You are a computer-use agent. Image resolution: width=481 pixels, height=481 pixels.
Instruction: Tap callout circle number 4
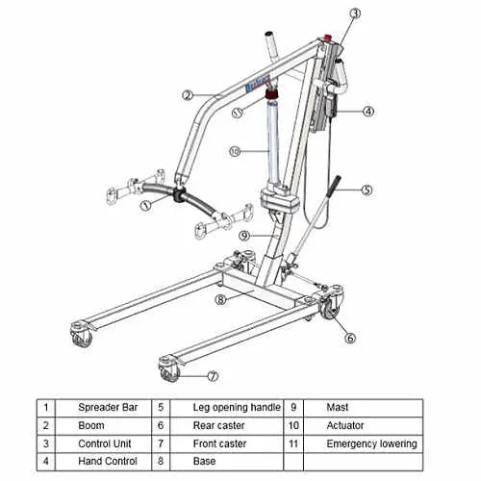368,111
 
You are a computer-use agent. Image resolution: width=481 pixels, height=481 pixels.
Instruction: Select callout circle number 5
367,190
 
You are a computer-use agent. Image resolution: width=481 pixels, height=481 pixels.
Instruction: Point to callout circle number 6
350,338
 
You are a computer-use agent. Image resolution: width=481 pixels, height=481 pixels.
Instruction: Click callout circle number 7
214,375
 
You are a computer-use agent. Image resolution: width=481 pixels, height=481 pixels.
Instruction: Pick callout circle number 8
220,299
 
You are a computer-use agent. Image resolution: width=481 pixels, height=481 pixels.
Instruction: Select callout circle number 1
146,204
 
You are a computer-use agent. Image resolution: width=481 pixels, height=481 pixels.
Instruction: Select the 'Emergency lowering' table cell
371,443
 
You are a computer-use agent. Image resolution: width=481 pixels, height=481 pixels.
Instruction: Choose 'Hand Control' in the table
106,462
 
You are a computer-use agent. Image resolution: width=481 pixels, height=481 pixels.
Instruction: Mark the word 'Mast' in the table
338,407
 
